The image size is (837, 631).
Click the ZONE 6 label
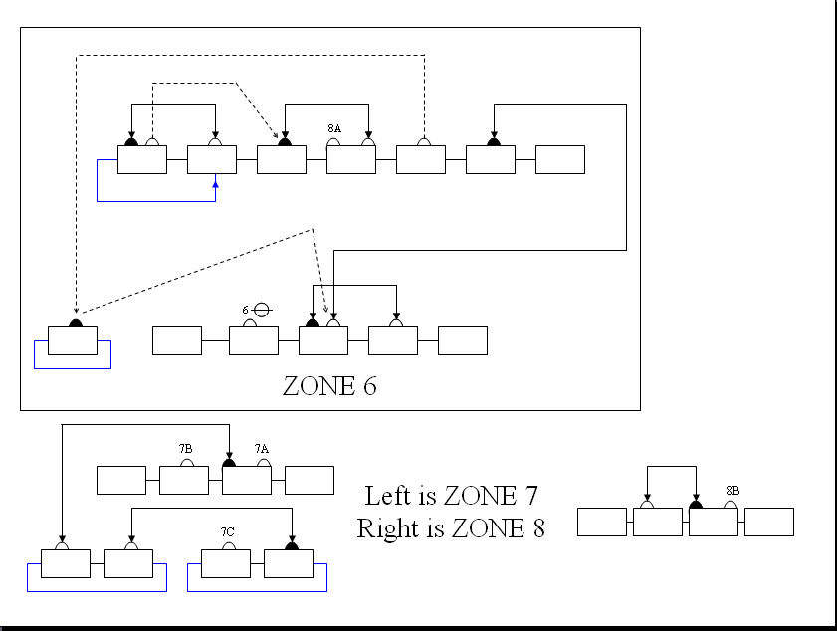pos(329,386)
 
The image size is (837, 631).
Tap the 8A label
pos(334,128)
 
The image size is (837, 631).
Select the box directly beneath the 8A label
pos(350,159)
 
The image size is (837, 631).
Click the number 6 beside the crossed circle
pos(245,311)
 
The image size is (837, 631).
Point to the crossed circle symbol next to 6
pos(262,310)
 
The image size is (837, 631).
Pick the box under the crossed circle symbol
pos(254,340)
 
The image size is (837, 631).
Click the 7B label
pos(185,449)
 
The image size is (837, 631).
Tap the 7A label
pos(262,449)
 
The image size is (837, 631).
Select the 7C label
pos(227,532)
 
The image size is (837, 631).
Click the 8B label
pos(732,490)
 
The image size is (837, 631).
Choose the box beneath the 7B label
pos(184,480)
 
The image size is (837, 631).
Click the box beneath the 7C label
pos(226,563)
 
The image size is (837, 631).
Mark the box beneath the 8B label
pos(713,522)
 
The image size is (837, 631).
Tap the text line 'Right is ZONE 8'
pos(451,527)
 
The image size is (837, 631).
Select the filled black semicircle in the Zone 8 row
pos(696,504)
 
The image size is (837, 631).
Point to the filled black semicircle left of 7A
pos(229,462)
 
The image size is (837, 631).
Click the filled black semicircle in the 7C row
pos(292,545)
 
